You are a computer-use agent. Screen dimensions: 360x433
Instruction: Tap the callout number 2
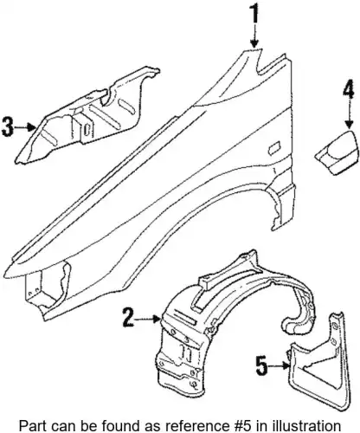click(128, 318)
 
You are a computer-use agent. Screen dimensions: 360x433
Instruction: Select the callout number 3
click(8, 127)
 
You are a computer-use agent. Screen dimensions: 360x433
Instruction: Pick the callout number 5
click(262, 365)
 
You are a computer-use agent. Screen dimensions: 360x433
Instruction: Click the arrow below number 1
click(254, 36)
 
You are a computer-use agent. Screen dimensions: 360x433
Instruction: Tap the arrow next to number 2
click(148, 319)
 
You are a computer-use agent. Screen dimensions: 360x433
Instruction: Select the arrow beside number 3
click(25, 127)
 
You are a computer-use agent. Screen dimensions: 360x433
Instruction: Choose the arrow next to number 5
click(279, 366)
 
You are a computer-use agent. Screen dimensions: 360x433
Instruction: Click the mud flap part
click(321, 360)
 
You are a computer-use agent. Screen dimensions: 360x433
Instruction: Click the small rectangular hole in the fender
click(273, 147)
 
